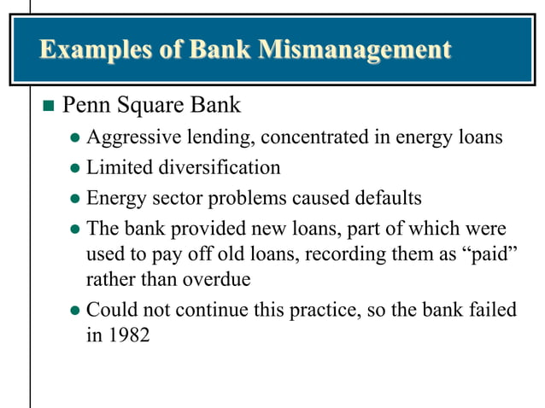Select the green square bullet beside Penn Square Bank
point(48,108)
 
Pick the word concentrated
point(321,137)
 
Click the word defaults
point(384,199)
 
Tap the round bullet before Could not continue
point(74,311)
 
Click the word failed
point(493,309)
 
